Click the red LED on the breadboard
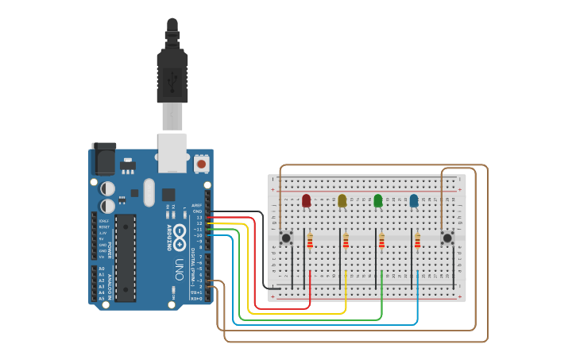point(307,201)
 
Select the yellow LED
point(342,201)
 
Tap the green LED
point(378,201)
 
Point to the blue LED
point(414,201)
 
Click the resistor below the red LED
point(310,240)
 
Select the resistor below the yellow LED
point(346,240)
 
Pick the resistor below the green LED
point(381,240)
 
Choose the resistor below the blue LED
point(417,240)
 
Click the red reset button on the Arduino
point(201,164)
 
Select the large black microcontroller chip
point(125,257)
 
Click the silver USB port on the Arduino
point(172,153)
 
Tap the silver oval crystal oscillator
point(149,192)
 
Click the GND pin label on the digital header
point(197,211)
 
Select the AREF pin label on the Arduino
point(197,205)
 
